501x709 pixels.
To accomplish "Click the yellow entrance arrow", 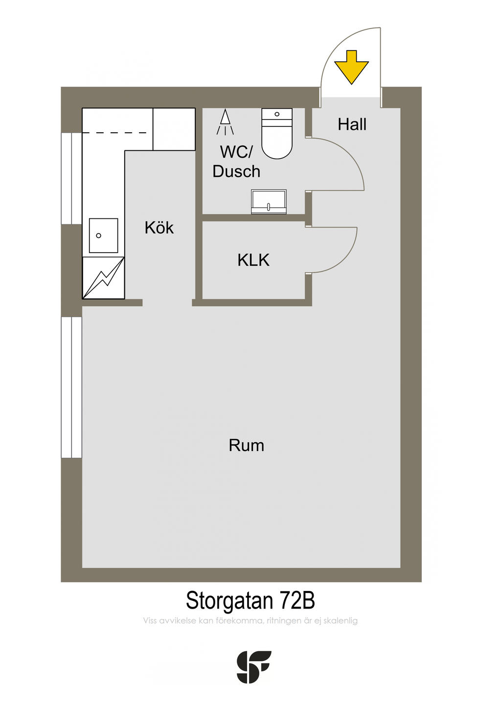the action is [351, 67].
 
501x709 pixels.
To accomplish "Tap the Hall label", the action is [352, 124].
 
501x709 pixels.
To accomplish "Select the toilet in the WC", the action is [277, 134].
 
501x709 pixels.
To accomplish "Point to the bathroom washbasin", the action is [269, 202].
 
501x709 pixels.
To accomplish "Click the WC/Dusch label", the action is [236, 162].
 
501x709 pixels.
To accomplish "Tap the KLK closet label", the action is [253, 260].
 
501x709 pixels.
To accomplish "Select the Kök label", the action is [159, 228].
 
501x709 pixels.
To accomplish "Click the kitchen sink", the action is [103, 236].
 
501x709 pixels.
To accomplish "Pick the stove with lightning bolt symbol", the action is [103, 278].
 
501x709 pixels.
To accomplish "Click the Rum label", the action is [246, 446].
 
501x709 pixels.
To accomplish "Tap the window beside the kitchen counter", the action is [71, 178].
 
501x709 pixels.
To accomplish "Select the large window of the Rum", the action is [71, 387].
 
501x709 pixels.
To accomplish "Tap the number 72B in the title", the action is [297, 600].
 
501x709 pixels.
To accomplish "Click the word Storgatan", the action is [229, 600].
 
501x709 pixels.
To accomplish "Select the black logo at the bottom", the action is [253, 667].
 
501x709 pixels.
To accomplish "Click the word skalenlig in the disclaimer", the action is [341, 621].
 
